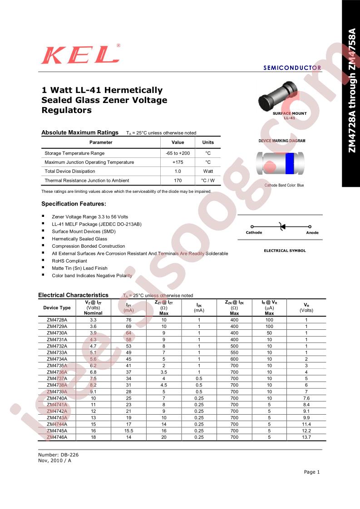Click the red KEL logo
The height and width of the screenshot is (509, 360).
click(80, 55)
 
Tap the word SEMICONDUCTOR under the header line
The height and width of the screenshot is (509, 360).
click(292, 68)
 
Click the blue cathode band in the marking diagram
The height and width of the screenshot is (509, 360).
click(289, 163)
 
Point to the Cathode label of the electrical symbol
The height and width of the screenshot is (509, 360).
click(254, 233)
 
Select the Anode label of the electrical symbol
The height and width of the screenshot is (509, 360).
click(312, 233)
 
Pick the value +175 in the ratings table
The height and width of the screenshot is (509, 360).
click(178, 162)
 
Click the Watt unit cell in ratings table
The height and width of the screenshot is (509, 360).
click(208, 171)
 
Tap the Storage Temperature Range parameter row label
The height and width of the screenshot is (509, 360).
click(74, 153)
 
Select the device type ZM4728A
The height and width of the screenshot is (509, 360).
click(57, 319)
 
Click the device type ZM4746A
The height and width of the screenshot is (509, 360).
click(57, 437)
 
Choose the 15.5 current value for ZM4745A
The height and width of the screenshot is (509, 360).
click(129, 430)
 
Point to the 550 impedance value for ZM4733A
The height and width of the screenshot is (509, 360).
click(234, 352)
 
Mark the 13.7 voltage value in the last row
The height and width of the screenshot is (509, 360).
click(306, 437)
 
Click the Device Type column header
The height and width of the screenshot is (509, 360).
click(57, 308)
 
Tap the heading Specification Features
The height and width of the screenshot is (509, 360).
click(74, 204)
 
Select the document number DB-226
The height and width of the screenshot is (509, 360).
click(55, 454)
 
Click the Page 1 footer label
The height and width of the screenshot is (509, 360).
click(312, 472)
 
